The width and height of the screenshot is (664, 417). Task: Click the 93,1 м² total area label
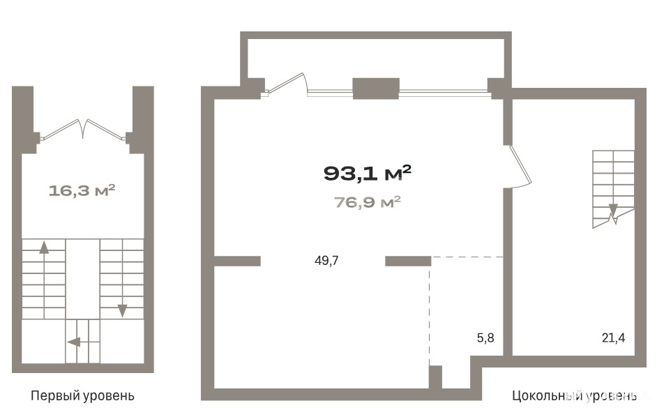[x=367, y=173]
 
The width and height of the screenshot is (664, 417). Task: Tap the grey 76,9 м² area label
[x=368, y=202]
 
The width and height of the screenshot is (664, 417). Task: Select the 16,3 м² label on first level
[x=82, y=190]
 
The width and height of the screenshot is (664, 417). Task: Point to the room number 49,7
[x=326, y=260]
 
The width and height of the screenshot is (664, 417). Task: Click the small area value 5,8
[x=485, y=338]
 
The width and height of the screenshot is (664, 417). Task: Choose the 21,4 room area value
[x=613, y=338]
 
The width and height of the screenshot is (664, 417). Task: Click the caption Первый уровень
[x=82, y=396]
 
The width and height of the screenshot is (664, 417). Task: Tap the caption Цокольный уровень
[x=574, y=396]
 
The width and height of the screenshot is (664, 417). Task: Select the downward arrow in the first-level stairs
[x=122, y=292]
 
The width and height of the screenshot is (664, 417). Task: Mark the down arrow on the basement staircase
[x=613, y=211]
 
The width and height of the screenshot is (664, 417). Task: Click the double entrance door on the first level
[x=83, y=129]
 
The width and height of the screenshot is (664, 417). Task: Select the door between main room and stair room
[x=520, y=166]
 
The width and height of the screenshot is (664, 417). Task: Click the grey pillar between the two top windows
[x=376, y=89]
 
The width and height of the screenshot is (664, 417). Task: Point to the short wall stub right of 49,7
[x=408, y=261]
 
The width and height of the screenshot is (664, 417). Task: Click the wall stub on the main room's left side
[x=237, y=261]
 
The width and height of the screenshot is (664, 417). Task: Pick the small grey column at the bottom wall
[x=435, y=377]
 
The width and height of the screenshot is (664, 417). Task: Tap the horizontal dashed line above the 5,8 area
[x=467, y=257]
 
